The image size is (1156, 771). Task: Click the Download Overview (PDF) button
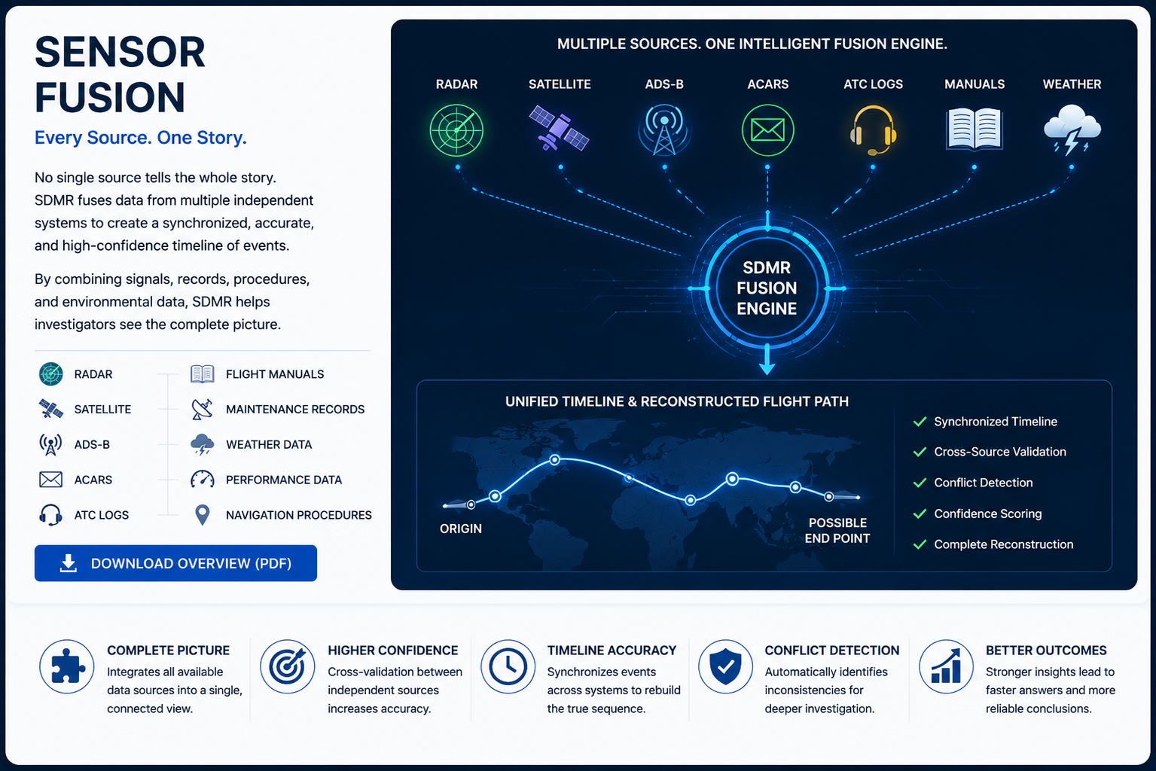coord(175,563)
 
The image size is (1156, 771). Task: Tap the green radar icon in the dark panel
coord(456,130)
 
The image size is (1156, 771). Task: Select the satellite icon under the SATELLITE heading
coord(559,128)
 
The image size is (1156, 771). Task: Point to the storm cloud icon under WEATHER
coord(1072,129)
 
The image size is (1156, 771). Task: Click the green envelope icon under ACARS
coord(767,130)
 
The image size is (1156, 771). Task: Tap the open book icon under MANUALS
coord(974,129)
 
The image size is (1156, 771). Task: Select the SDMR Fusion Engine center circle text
coord(767,288)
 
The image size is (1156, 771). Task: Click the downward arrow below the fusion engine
coord(767,359)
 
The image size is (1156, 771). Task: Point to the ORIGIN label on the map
coord(460,529)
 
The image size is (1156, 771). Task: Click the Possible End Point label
coord(837,531)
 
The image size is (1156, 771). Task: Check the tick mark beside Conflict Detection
coord(920,483)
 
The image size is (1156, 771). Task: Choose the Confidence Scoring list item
coord(988,513)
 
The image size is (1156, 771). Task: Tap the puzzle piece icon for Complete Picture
coord(66,666)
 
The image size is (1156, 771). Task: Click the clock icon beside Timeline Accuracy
coord(508,666)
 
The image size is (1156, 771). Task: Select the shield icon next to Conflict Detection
coord(725,666)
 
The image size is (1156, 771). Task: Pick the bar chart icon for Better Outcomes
coord(946,666)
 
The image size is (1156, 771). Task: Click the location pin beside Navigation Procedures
coord(203,515)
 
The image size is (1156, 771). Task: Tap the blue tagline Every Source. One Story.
coord(140,138)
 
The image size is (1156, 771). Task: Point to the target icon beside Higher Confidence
coord(288,666)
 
